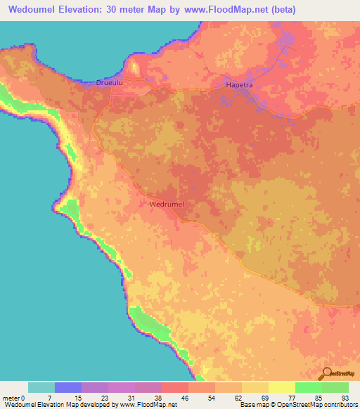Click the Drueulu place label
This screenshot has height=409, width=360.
point(111,83)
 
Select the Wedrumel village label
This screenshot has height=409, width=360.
point(167,204)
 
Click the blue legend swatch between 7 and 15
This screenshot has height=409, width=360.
point(68,387)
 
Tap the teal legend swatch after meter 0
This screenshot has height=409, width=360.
point(41,387)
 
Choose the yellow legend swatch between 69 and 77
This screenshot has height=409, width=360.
point(281,387)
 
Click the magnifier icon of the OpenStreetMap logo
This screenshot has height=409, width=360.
point(325,374)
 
